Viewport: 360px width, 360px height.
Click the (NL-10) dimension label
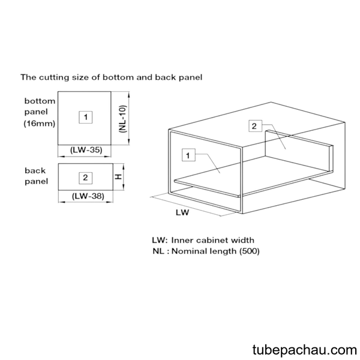122,119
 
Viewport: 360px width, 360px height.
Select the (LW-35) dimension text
86,150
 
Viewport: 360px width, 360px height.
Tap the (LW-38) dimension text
88,196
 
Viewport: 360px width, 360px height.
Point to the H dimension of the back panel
118,177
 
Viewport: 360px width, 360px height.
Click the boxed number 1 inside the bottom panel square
86,118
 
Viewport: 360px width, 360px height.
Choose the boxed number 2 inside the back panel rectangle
86,178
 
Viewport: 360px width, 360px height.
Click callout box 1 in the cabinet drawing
188,155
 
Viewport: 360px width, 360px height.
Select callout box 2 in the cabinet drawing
256,126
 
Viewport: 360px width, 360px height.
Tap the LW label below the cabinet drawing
182,212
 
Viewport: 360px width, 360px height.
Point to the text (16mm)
40,124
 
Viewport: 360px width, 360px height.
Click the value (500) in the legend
250,251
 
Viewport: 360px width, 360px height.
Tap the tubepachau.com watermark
305,350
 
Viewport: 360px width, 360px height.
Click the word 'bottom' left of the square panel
40,101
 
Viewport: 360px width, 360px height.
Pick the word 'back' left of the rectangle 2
35,170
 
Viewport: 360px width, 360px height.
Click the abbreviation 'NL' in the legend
158,251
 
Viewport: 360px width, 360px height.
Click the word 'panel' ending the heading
191,77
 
